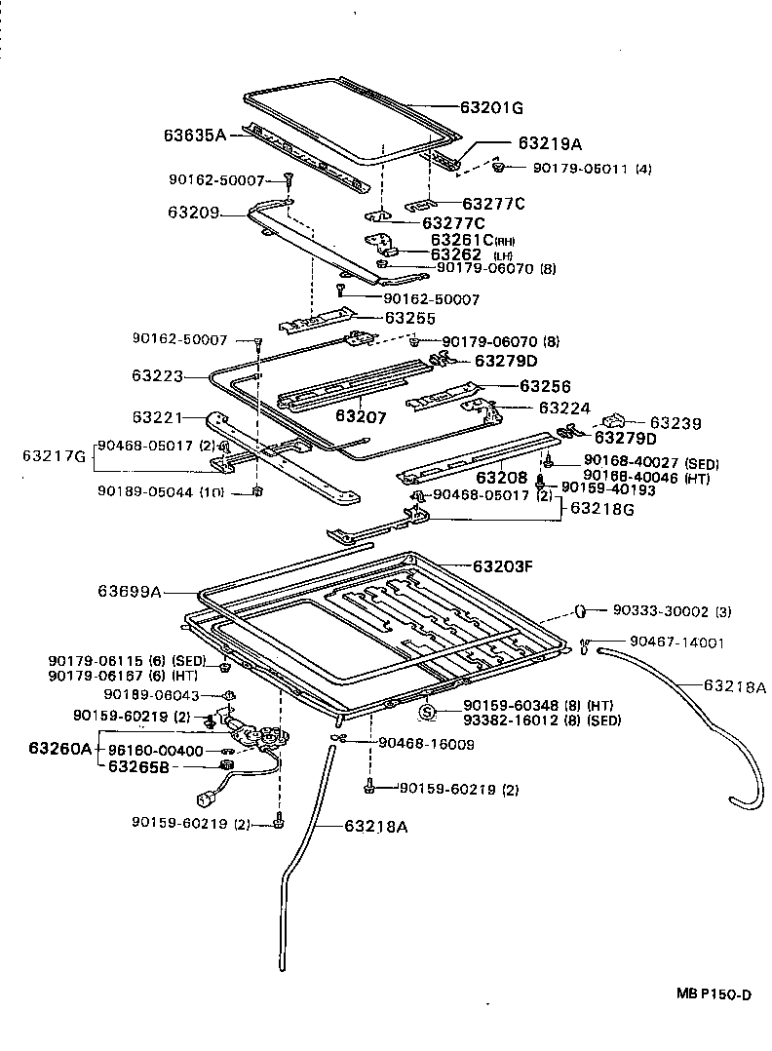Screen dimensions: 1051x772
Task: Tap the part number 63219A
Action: (549, 143)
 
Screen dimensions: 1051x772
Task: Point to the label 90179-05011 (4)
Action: (592, 169)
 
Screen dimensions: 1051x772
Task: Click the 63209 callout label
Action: (193, 212)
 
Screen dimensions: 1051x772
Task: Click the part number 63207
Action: (361, 416)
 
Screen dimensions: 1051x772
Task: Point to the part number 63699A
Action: (129, 591)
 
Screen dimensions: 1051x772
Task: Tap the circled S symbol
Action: (426, 713)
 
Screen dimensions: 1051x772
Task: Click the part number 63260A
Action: (59, 749)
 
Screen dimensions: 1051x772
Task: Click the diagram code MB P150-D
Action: (714, 994)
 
